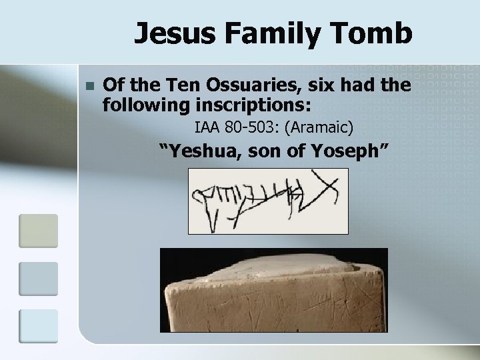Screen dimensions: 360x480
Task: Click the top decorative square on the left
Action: pos(39,230)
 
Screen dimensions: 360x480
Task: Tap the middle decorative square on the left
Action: pos(39,278)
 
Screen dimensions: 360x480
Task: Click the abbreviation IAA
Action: pos(205,126)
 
